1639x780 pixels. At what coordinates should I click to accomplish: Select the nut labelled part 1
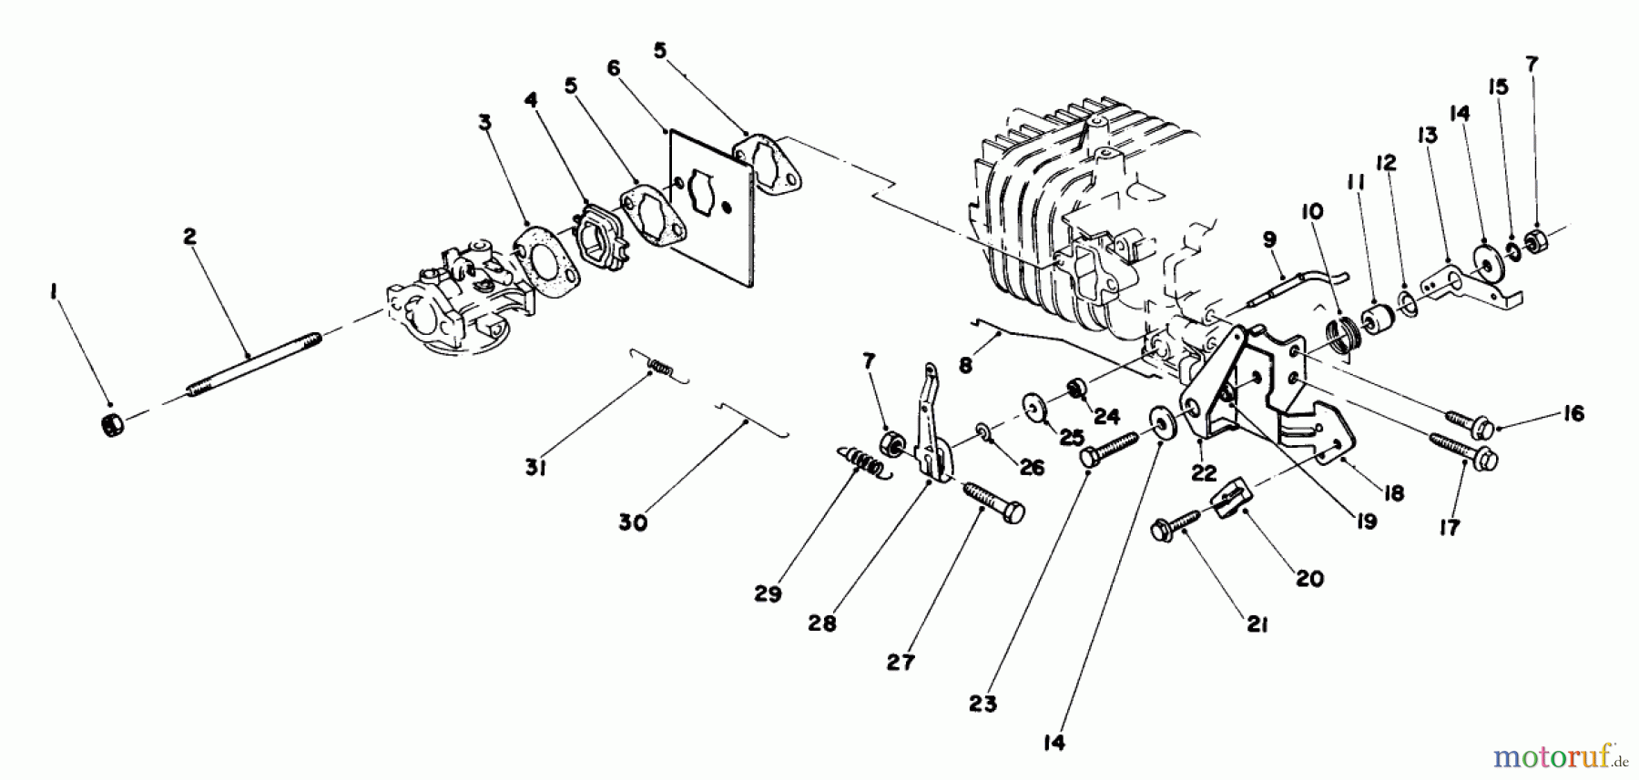coord(112,424)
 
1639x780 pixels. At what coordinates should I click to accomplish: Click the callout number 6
coord(613,68)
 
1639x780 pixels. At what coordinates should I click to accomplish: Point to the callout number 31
coord(535,469)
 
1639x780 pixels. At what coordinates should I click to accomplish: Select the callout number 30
coord(633,523)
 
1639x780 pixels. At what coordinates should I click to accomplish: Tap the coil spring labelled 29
coord(223,462)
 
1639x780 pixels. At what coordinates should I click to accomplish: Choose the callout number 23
coord(983,704)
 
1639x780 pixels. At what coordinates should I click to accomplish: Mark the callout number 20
coord(1309,578)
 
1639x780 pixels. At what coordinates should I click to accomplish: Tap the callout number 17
coord(1450,527)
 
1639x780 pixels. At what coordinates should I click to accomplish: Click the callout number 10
coord(1312,212)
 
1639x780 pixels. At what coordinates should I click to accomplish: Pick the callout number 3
coord(485,123)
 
